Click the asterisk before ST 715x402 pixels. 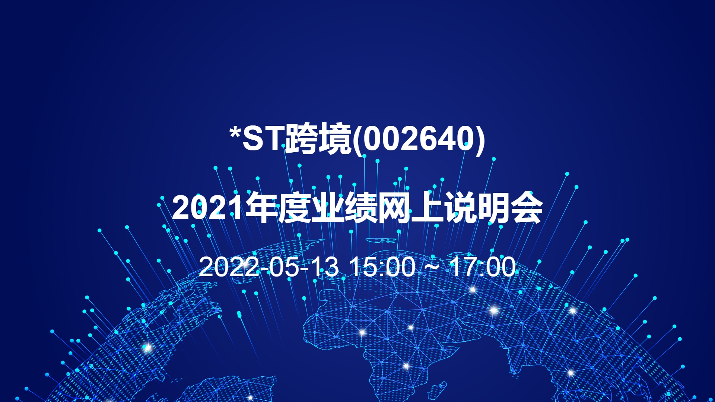[235, 132]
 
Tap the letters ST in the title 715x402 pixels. [264, 138]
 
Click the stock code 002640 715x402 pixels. [418, 138]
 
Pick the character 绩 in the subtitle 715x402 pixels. [360, 208]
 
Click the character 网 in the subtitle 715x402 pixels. [394, 208]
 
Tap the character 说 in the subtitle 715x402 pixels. [460, 208]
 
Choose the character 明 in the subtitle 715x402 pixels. [493, 208]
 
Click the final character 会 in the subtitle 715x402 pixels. [526, 208]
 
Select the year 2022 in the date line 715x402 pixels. [229, 267]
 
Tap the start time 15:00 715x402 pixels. [383, 267]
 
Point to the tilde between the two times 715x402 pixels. [432, 267]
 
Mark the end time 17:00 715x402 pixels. [483, 267]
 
